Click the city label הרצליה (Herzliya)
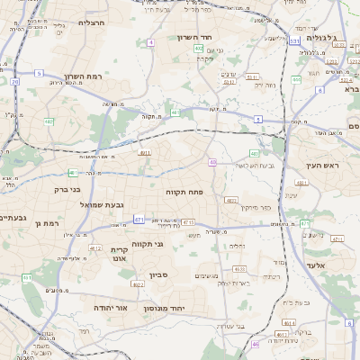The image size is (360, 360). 92,22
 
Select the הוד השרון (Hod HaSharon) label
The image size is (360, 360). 217,37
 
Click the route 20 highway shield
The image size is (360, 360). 15,82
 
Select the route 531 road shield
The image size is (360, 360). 294,41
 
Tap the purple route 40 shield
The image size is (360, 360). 213,162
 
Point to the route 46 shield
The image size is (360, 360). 256,343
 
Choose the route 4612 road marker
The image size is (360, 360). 94,247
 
